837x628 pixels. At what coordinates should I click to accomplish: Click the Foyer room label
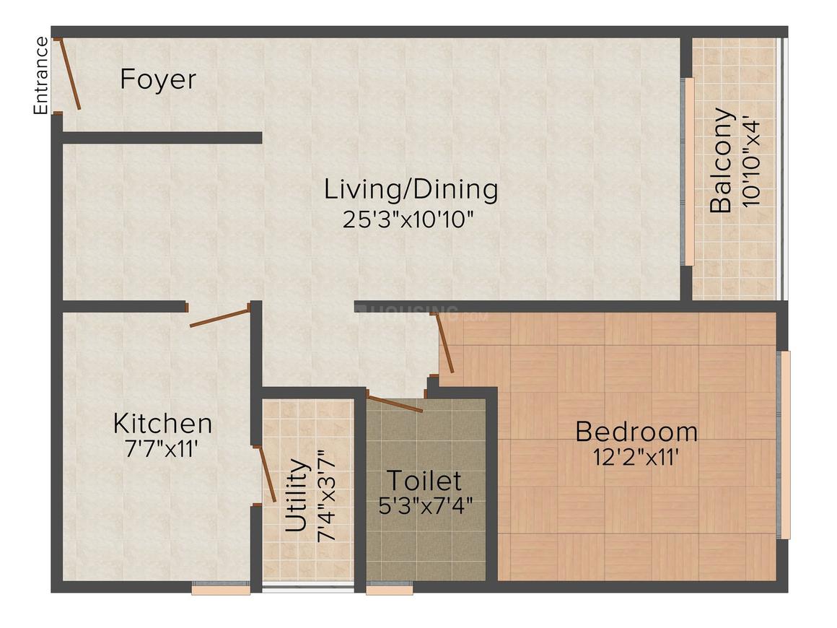pyautogui.click(x=158, y=80)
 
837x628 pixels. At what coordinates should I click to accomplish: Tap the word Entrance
pyautogui.click(x=40, y=75)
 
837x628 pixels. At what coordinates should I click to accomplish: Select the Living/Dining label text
pyautogui.click(x=411, y=190)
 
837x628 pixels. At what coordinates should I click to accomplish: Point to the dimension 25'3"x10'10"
pyautogui.click(x=408, y=219)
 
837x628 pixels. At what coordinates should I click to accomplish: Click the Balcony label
pyautogui.click(x=721, y=161)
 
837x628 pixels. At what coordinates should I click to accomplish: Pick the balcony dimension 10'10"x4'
pyautogui.click(x=750, y=163)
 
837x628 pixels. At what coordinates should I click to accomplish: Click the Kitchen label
pyautogui.click(x=163, y=424)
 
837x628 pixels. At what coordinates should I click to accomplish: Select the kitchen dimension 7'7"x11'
pyautogui.click(x=161, y=449)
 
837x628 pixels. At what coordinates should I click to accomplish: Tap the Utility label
pyautogui.click(x=297, y=496)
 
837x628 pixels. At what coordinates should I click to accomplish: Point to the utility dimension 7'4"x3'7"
pyautogui.click(x=326, y=496)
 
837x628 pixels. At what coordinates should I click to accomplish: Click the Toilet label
pyautogui.click(x=424, y=481)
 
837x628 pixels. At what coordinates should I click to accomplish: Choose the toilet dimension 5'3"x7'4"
pyautogui.click(x=426, y=505)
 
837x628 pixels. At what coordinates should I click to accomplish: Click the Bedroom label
pyautogui.click(x=636, y=432)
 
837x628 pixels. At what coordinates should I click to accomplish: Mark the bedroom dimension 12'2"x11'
pyautogui.click(x=636, y=457)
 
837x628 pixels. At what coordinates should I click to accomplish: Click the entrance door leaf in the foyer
pyautogui.click(x=69, y=74)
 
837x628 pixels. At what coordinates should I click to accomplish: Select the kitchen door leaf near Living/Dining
pyautogui.click(x=220, y=317)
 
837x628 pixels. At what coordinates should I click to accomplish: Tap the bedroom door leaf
pyautogui.click(x=445, y=342)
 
